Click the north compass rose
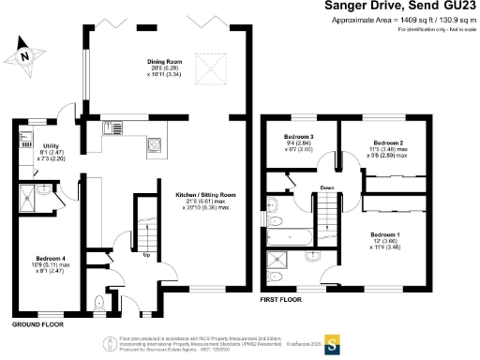(x=25, y=55)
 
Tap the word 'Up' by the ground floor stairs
(x=145, y=254)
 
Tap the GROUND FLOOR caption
(x=37, y=324)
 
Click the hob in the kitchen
(x=154, y=144)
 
